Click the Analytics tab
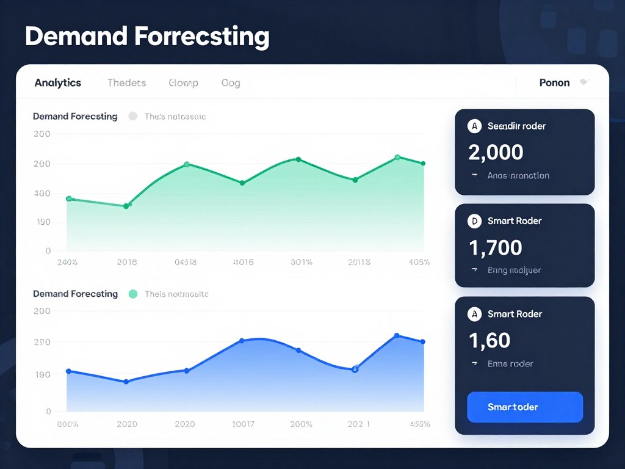(58, 83)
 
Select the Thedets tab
(126, 83)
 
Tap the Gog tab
(231, 83)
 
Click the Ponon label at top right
(554, 83)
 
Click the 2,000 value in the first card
(496, 151)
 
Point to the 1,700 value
(496, 247)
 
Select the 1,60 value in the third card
(490, 340)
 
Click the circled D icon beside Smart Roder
(474, 221)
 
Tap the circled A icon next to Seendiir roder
(474, 126)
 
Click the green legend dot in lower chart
(133, 294)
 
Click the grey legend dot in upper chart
(133, 116)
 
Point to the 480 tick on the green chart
(42, 194)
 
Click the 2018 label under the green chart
(126, 262)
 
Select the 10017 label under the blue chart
(243, 424)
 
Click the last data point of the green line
(423, 163)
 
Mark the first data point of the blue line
(68, 371)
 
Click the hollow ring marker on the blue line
(355, 369)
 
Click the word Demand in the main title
(75, 37)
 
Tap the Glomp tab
(183, 83)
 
